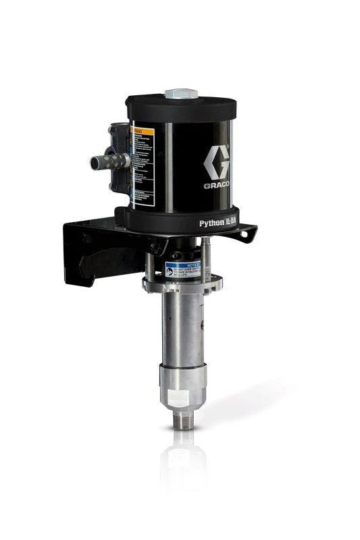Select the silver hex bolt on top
(x=180, y=93)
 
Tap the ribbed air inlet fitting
(x=107, y=161)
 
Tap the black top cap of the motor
(x=181, y=107)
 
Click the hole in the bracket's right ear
(x=250, y=234)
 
